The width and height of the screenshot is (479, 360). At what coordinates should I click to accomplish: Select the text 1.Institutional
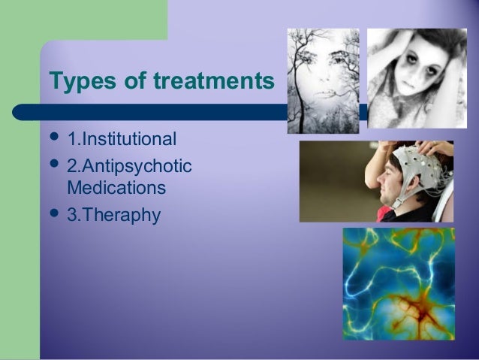122,139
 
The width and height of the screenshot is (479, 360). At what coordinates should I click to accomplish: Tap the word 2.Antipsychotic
129,164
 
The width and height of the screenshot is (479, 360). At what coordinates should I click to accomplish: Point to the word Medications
116,185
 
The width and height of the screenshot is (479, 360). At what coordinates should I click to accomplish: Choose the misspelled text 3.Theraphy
113,215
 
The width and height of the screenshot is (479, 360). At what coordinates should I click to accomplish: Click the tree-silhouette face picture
323,81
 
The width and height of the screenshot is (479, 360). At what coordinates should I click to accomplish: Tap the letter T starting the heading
54,80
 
